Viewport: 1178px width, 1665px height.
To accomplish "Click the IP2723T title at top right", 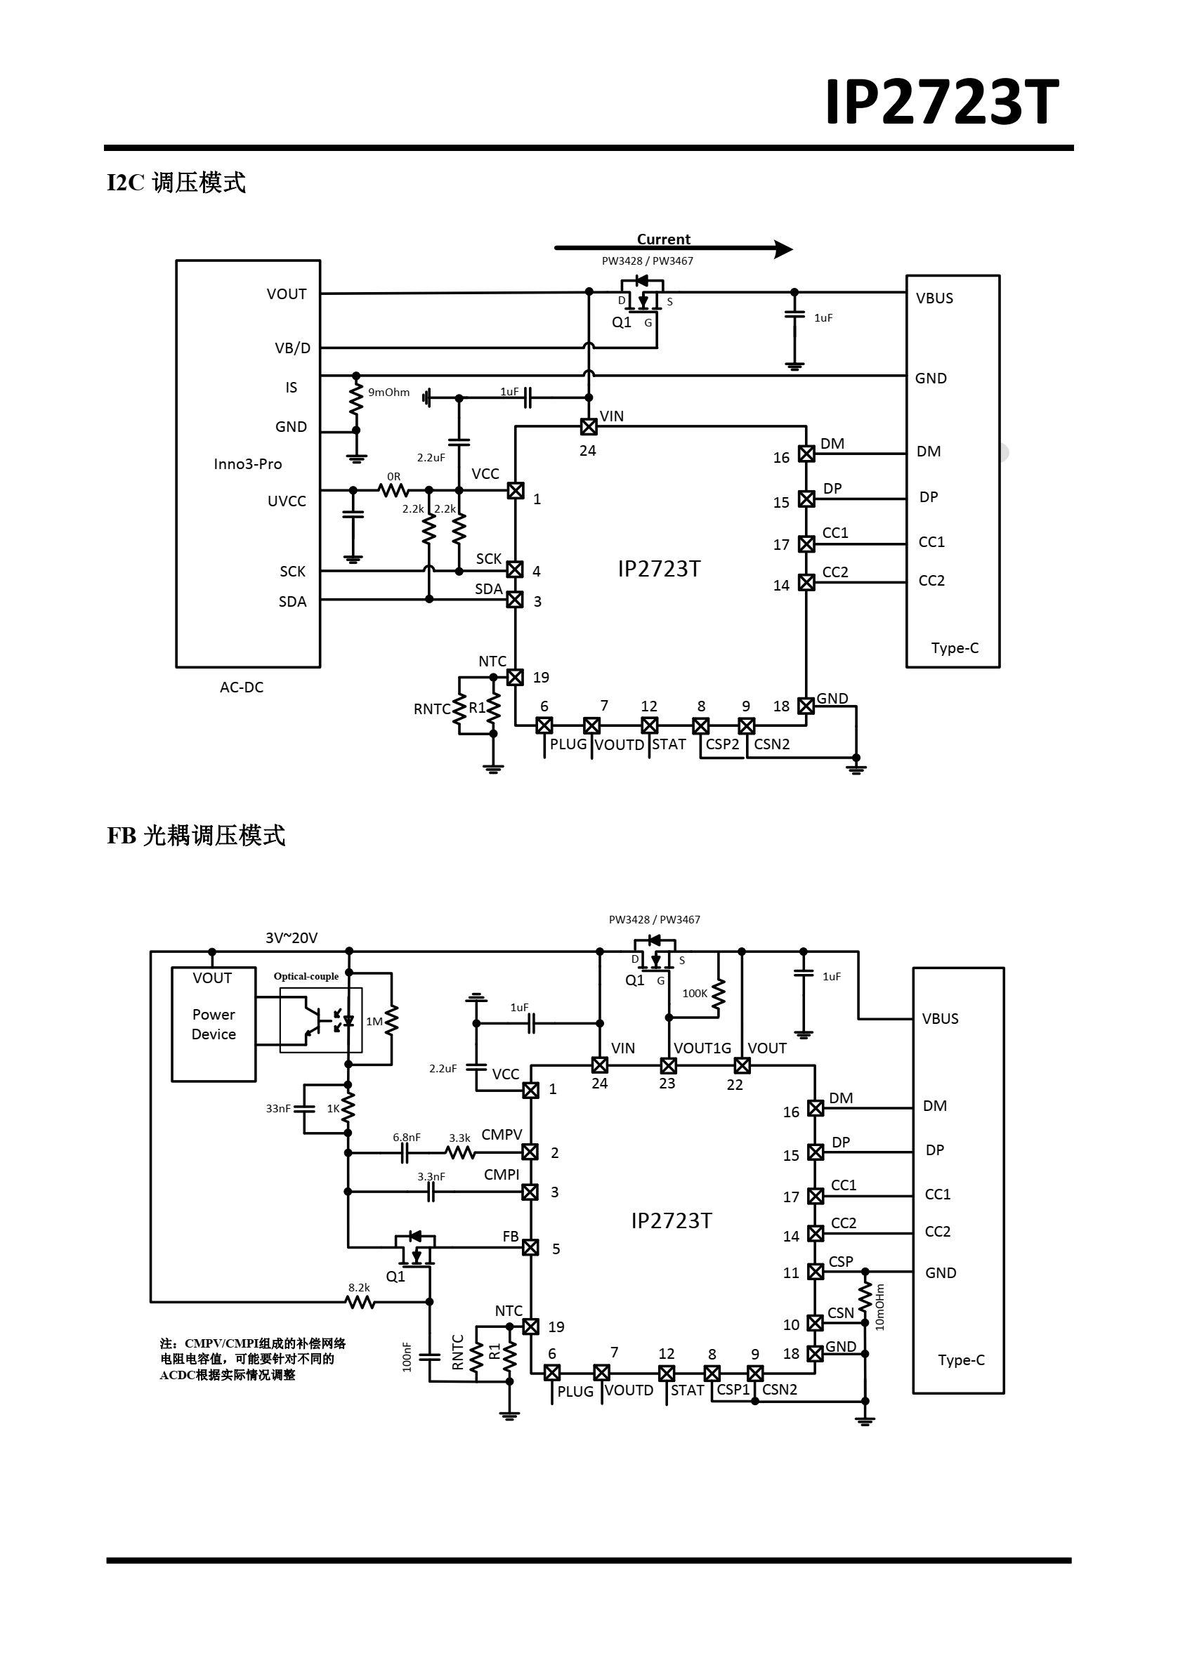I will point(941,103).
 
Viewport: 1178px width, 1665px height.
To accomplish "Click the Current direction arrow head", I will point(784,249).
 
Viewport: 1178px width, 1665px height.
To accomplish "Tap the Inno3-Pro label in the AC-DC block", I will point(247,464).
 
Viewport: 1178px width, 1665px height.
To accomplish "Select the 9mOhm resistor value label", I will point(388,393).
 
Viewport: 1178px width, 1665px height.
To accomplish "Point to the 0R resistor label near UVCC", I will point(394,476).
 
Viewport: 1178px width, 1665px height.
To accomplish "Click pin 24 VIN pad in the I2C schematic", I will point(589,426).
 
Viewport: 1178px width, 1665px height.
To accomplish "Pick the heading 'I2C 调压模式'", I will point(176,182).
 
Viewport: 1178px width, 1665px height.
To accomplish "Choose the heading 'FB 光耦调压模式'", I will point(196,836).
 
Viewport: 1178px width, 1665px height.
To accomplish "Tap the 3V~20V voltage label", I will point(291,937).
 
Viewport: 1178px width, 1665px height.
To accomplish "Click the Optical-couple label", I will point(306,976).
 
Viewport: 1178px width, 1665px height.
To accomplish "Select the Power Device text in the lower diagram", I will point(214,1024).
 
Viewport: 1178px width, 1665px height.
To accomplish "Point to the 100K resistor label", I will point(694,993).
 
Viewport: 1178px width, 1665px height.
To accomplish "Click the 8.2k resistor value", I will point(359,1287).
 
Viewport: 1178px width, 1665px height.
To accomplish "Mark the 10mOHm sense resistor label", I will point(880,1308).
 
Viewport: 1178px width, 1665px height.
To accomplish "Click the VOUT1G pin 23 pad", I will point(669,1065).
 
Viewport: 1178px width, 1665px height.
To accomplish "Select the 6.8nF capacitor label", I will point(406,1137).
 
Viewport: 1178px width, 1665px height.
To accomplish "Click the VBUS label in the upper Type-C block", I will point(934,298).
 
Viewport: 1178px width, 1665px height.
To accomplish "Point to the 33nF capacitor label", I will point(277,1108).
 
